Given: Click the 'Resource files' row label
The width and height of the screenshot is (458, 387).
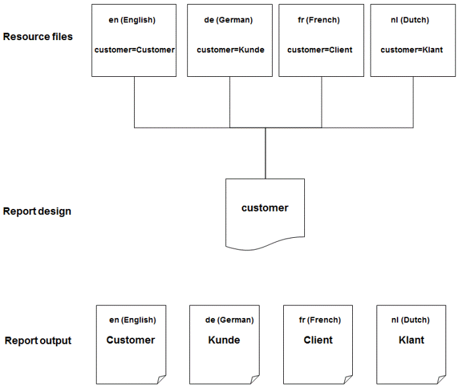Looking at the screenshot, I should point(37,36).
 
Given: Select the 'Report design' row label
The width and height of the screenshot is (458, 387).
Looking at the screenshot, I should point(37,212).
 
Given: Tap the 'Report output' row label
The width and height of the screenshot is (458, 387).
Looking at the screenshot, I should point(38,340).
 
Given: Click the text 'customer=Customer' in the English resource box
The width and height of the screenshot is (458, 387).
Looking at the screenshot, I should point(135,50).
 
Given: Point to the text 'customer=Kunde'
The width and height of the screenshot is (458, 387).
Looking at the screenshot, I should point(230,50).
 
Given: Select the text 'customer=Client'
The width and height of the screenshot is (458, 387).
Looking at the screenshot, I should point(320,50).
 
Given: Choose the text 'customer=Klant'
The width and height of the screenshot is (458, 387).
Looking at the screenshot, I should point(411,50).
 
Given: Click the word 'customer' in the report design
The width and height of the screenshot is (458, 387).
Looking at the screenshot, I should point(265,208).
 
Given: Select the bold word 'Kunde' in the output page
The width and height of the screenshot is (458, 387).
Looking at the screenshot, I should point(224,340).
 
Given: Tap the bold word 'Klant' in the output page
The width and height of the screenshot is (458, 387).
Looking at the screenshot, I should point(411,340).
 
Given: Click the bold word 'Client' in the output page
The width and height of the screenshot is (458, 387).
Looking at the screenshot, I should point(318,340).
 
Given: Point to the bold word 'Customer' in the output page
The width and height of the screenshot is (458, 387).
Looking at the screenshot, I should point(131,340).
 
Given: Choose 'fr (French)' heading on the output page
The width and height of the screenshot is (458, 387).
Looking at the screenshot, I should point(319,320).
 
